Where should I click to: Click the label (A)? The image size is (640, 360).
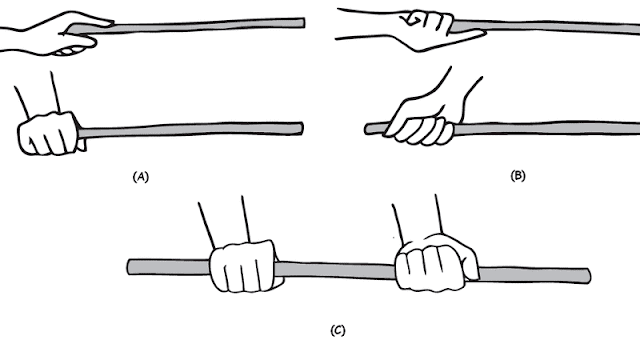click(141, 177)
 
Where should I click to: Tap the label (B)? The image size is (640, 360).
click(518, 176)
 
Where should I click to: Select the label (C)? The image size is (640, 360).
click(338, 330)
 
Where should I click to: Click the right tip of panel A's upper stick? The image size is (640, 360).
click(304, 23)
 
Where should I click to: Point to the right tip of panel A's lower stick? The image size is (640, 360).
click(302, 128)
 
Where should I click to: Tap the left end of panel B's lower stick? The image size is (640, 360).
click(365, 129)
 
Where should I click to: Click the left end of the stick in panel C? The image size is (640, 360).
click(128, 267)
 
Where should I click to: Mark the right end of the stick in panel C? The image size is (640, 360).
click(589, 276)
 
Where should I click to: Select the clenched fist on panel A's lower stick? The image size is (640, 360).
click(48, 133)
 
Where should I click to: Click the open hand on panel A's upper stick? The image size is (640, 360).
click(61, 33)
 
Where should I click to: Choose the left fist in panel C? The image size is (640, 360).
click(244, 267)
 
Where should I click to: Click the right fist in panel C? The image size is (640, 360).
click(436, 262)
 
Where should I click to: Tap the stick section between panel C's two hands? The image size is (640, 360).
click(336, 271)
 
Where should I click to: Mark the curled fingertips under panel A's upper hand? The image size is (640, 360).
click(70, 51)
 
